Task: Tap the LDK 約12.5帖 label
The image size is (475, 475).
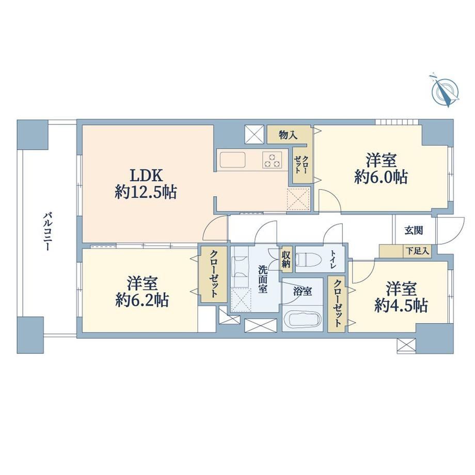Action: (146, 184)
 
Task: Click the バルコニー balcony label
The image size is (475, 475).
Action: (47, 232)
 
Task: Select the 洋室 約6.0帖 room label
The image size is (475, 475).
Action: (381, 169)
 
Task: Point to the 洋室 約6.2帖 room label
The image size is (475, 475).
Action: (142, 291)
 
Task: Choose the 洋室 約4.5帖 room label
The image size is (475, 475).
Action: (401, 297)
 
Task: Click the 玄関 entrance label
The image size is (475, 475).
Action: (414, 231)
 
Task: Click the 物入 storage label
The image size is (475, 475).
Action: (288, 135)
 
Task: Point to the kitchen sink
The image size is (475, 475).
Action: (233, 159)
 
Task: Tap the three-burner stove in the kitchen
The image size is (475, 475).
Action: (272, 160)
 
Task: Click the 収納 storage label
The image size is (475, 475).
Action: (286, 258)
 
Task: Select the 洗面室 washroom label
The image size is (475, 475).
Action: (263, 279)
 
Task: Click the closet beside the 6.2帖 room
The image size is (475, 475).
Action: (213, 274)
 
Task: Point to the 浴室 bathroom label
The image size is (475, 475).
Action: (303, 291)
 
